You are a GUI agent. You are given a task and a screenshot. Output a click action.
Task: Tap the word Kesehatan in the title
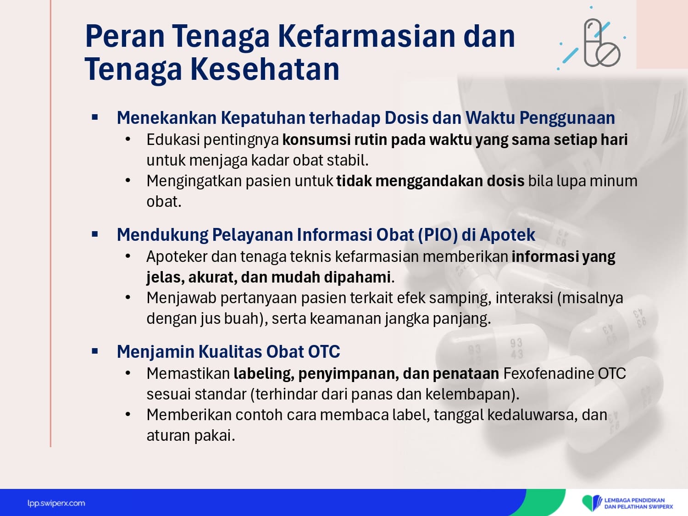point(265,69)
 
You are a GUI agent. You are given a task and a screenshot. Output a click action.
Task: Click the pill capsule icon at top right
point(601,43)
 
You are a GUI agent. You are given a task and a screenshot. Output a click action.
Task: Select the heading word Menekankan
point(166,118)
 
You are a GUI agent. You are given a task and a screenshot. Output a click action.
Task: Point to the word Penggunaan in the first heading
point(567,118)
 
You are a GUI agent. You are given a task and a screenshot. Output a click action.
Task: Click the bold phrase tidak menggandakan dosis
point(430,181)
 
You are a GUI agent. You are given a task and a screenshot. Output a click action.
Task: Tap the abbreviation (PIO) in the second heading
point(438,235)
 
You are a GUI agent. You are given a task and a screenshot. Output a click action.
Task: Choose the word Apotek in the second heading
point(507,235)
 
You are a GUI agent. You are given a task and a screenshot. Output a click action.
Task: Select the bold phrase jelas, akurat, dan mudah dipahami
point(269,277)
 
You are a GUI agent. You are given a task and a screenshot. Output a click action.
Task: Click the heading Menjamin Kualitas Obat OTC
point(228,351)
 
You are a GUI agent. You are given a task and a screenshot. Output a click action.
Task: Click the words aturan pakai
point(190,435)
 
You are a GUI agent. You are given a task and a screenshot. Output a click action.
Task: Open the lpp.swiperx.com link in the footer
point(56,504)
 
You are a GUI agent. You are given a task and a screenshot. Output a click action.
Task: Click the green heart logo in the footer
point(592,503)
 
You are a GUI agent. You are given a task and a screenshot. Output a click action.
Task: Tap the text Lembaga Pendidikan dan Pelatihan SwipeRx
point(638,504)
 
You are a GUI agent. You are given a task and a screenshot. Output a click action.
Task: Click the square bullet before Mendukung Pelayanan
point(94,234)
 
